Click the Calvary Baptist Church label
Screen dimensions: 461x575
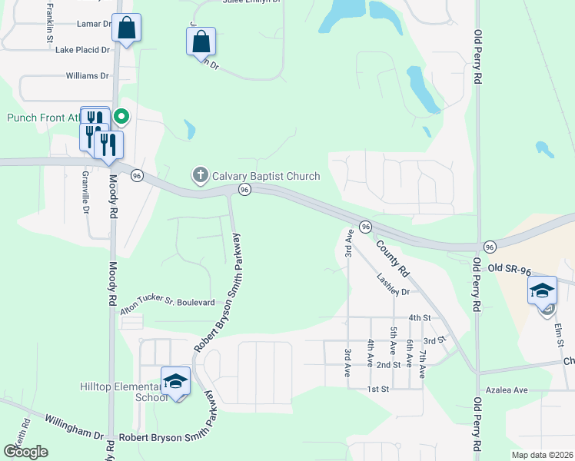pos(265,175)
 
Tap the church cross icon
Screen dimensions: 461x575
pos(200,175)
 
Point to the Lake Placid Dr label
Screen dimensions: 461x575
pos(83,50)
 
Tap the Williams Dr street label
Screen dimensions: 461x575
pos(88,76)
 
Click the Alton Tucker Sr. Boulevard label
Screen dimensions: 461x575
pos(167,303)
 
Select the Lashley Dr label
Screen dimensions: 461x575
pos(394,286)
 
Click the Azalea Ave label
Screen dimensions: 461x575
pos(510,390)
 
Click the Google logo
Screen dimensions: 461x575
pos(25,452)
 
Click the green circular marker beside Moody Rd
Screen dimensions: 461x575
pos(121,117)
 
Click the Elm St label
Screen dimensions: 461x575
pos(559,335)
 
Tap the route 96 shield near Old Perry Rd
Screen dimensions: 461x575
pos(489,246)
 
